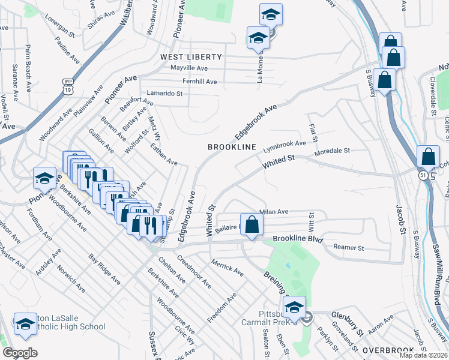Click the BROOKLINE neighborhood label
232,147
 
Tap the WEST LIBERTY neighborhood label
190,57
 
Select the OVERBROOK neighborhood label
388,350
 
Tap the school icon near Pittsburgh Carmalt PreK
295,308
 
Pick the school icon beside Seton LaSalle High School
25,324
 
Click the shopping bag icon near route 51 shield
428,157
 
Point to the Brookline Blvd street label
298,239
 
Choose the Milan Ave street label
274,212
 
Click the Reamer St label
349,247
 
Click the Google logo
19,353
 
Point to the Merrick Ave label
227,268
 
